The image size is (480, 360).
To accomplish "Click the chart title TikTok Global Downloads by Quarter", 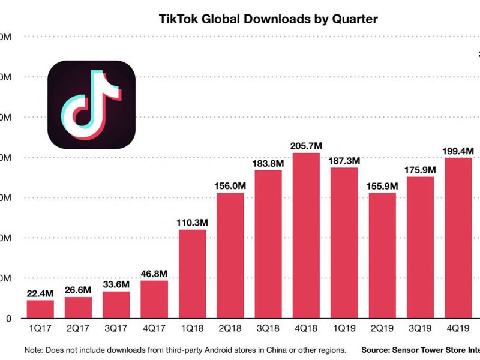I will coord(268,19).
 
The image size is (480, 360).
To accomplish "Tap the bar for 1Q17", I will coord(40,309).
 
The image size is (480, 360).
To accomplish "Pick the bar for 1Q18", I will coord(192,274).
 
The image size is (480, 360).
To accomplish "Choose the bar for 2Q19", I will coord(382,255).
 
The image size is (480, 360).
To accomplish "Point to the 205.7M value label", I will coord(306,145).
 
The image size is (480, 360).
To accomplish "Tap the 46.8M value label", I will coord(154,273).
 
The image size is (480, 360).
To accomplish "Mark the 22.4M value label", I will coord(40,293).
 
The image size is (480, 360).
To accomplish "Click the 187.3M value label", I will coord(344,160).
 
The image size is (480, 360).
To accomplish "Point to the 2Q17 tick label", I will coord(78,329).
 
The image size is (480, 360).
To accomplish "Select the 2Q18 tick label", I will coord(230,329).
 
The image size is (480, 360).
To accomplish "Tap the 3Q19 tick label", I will coord(420,329).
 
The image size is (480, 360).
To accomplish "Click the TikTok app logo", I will coord(92,104).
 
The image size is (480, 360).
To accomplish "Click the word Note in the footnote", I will coord(34,349).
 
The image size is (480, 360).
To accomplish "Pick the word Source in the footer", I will coord(379,349).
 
